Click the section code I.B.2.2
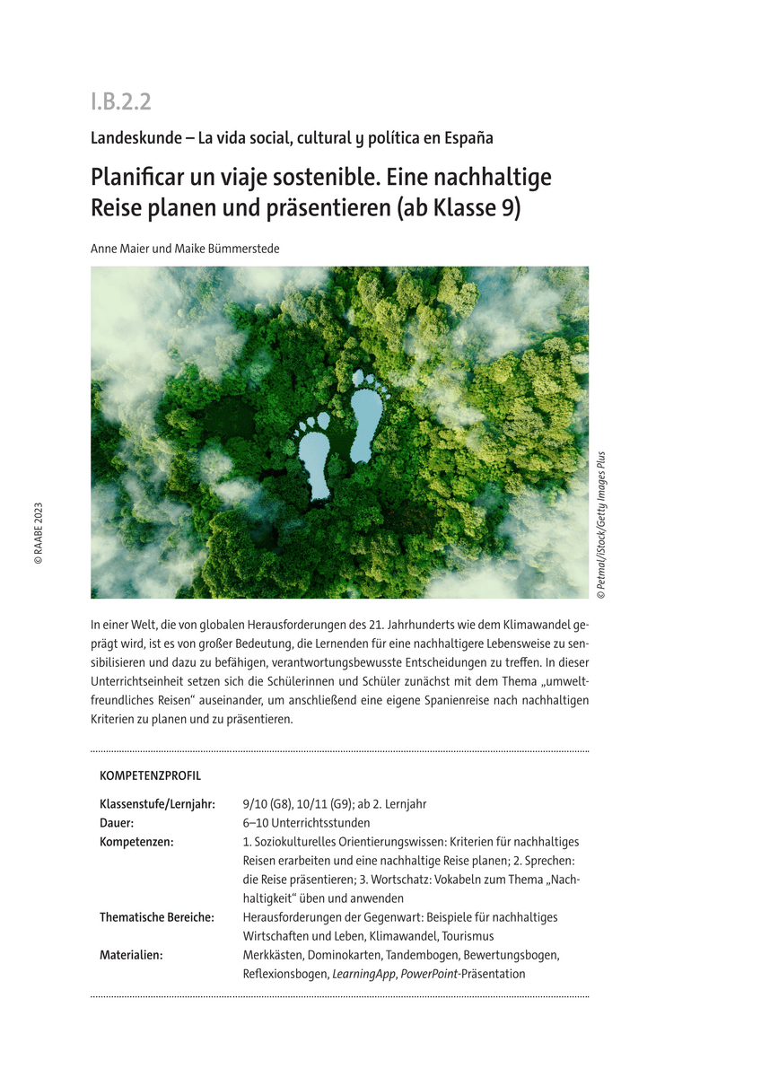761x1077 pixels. tap(120, 101)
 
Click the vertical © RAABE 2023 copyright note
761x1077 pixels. tap(38, 533)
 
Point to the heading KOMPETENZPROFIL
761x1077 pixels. tap(150, 775)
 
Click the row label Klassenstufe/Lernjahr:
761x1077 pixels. tap(157, 804)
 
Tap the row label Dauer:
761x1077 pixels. tap(117, 822)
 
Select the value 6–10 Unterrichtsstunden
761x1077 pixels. tap(306, 822)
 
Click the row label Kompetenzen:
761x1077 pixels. tap(136, 841)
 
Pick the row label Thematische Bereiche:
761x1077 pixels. tap(156, 917)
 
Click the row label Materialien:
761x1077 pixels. tap(131, 955)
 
